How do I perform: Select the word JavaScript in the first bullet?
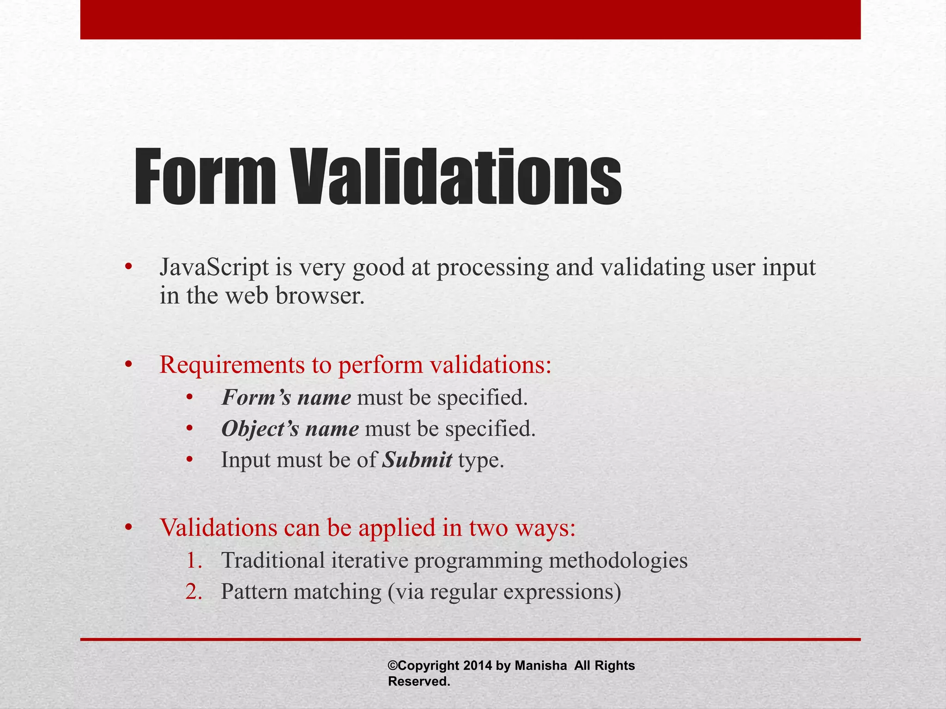[214, 268]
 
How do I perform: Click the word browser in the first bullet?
[320, 296]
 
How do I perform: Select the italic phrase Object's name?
[290, 429]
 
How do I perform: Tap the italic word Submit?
[417, 460]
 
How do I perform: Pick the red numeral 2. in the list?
[194, 592]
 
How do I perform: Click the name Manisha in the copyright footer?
[540, 666]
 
